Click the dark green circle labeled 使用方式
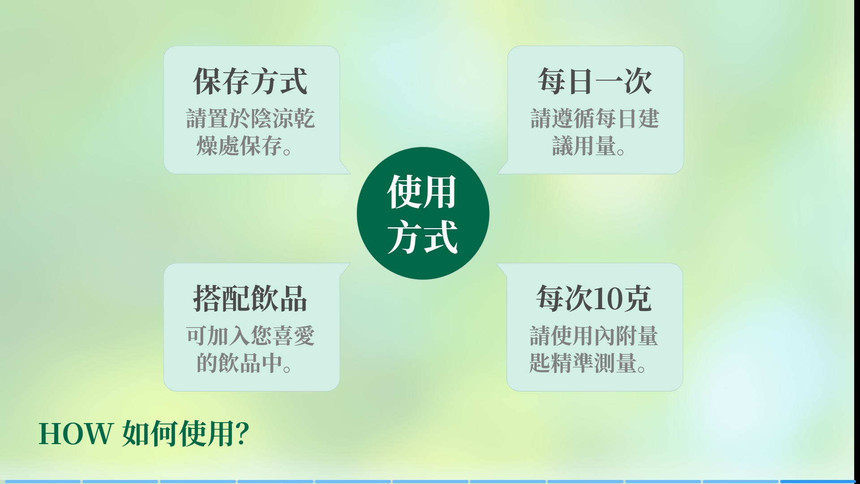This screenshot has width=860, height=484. point(423,213)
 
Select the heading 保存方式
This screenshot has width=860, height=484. point(250,82)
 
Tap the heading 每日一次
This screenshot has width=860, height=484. point(595,82)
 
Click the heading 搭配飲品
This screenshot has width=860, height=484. point(250,298)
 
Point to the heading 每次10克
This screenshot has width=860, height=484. point(594,298)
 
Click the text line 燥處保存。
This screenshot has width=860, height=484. point(244,146)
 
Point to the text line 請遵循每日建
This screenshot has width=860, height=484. point(595,119)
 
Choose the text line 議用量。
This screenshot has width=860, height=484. point(589,146)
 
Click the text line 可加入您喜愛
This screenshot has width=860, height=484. point(250,336)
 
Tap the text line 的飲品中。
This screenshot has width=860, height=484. point(244,363)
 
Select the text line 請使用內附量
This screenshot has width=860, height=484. point(594,336)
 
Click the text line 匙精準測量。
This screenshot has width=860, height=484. point(588,363)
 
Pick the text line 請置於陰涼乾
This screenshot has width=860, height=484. point(250,119)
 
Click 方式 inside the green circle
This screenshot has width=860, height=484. point(423,237)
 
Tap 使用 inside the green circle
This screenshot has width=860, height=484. point(422,192)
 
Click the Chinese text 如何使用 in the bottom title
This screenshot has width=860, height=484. point(178,434)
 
